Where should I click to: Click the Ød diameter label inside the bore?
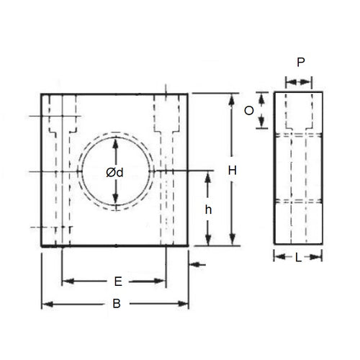point(114,172)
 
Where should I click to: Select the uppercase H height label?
point(232,171)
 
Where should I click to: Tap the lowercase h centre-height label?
point(209,210)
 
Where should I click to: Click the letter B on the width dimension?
point(115,305)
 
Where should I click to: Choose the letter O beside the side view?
point(248,109)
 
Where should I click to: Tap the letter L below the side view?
point(298,257)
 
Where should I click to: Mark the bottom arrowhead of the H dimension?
point(232,241)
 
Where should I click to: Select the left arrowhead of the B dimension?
point(47,305)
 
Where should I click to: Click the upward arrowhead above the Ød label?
point(115,143)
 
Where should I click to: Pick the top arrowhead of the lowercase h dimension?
point(209,176)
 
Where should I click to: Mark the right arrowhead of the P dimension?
point(310,84)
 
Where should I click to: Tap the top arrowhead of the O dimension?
point(262,96)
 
